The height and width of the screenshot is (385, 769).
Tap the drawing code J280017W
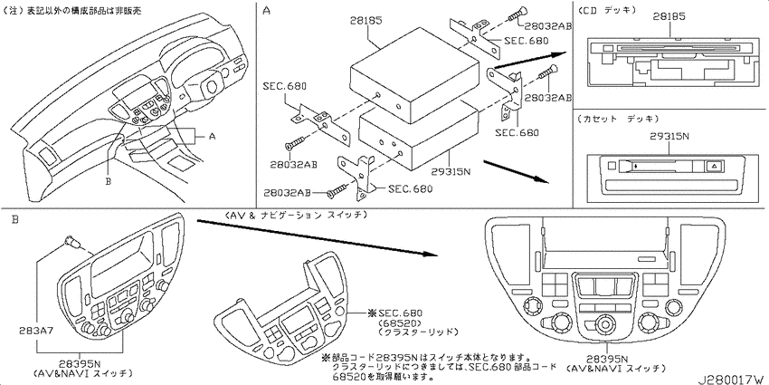click(x=733, y=380)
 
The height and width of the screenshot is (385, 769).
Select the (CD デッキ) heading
click(x=607, y=9)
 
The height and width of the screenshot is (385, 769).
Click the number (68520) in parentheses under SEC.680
click(x=399, y=322)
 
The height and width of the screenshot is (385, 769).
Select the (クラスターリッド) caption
click(x=418, y=332)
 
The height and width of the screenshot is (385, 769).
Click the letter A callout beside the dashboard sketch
click(x=212, y=137)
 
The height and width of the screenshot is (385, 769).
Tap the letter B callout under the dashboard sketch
click(x=109, y=181)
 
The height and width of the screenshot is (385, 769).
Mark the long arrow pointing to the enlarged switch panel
click(x=316, y=237)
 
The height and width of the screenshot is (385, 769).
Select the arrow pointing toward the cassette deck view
click(x=516, y=170)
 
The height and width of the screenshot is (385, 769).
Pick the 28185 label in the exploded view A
click(x=366, y=21)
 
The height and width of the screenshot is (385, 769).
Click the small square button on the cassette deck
click(x=611, y=166)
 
